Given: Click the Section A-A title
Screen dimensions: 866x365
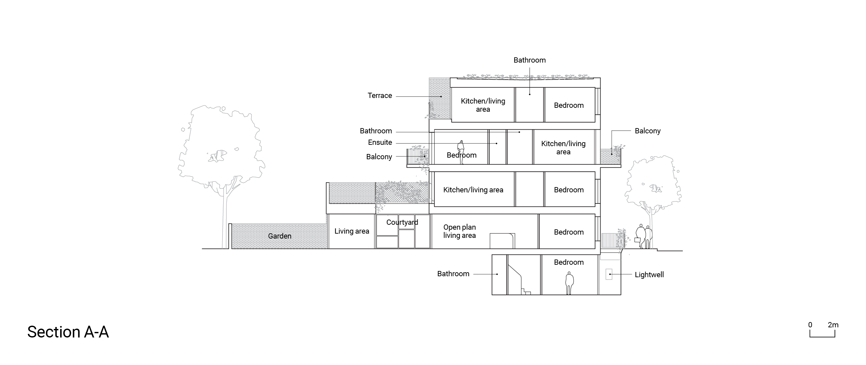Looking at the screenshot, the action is tap(68, 332).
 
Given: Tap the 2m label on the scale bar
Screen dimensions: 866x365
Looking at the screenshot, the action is tap(833, 325).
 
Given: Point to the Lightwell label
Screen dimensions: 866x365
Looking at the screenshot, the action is tap(649, 275).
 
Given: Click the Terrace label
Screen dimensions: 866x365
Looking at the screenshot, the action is tap(380, 96).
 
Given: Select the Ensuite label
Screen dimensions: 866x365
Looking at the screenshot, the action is tap(380, 142).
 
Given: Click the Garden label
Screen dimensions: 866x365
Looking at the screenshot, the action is tap(280, 236).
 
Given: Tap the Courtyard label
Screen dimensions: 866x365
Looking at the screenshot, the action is tap(402, 222).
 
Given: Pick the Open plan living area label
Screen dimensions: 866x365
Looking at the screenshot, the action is tap(459, 231).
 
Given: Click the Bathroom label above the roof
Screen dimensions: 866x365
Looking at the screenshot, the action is tap(530, 60).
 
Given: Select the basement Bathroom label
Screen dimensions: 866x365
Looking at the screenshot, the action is tap(453, 274).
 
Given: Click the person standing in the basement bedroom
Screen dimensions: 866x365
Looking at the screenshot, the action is tap(569, 283).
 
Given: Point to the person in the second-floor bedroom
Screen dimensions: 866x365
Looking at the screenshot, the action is tap(461, 152).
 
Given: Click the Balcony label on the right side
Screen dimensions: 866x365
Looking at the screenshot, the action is tap(647, 131).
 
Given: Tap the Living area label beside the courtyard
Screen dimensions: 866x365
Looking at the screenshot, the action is tap(352, 231).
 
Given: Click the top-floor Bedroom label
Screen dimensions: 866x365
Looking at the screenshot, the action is tap(568, 105).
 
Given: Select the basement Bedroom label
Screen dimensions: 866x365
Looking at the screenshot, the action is tap(568, 262).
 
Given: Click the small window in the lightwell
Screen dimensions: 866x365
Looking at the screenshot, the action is tap(608, 275).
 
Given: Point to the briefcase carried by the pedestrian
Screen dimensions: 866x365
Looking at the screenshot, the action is tap(637, 240).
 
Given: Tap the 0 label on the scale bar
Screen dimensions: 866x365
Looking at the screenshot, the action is tap(810, 325).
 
